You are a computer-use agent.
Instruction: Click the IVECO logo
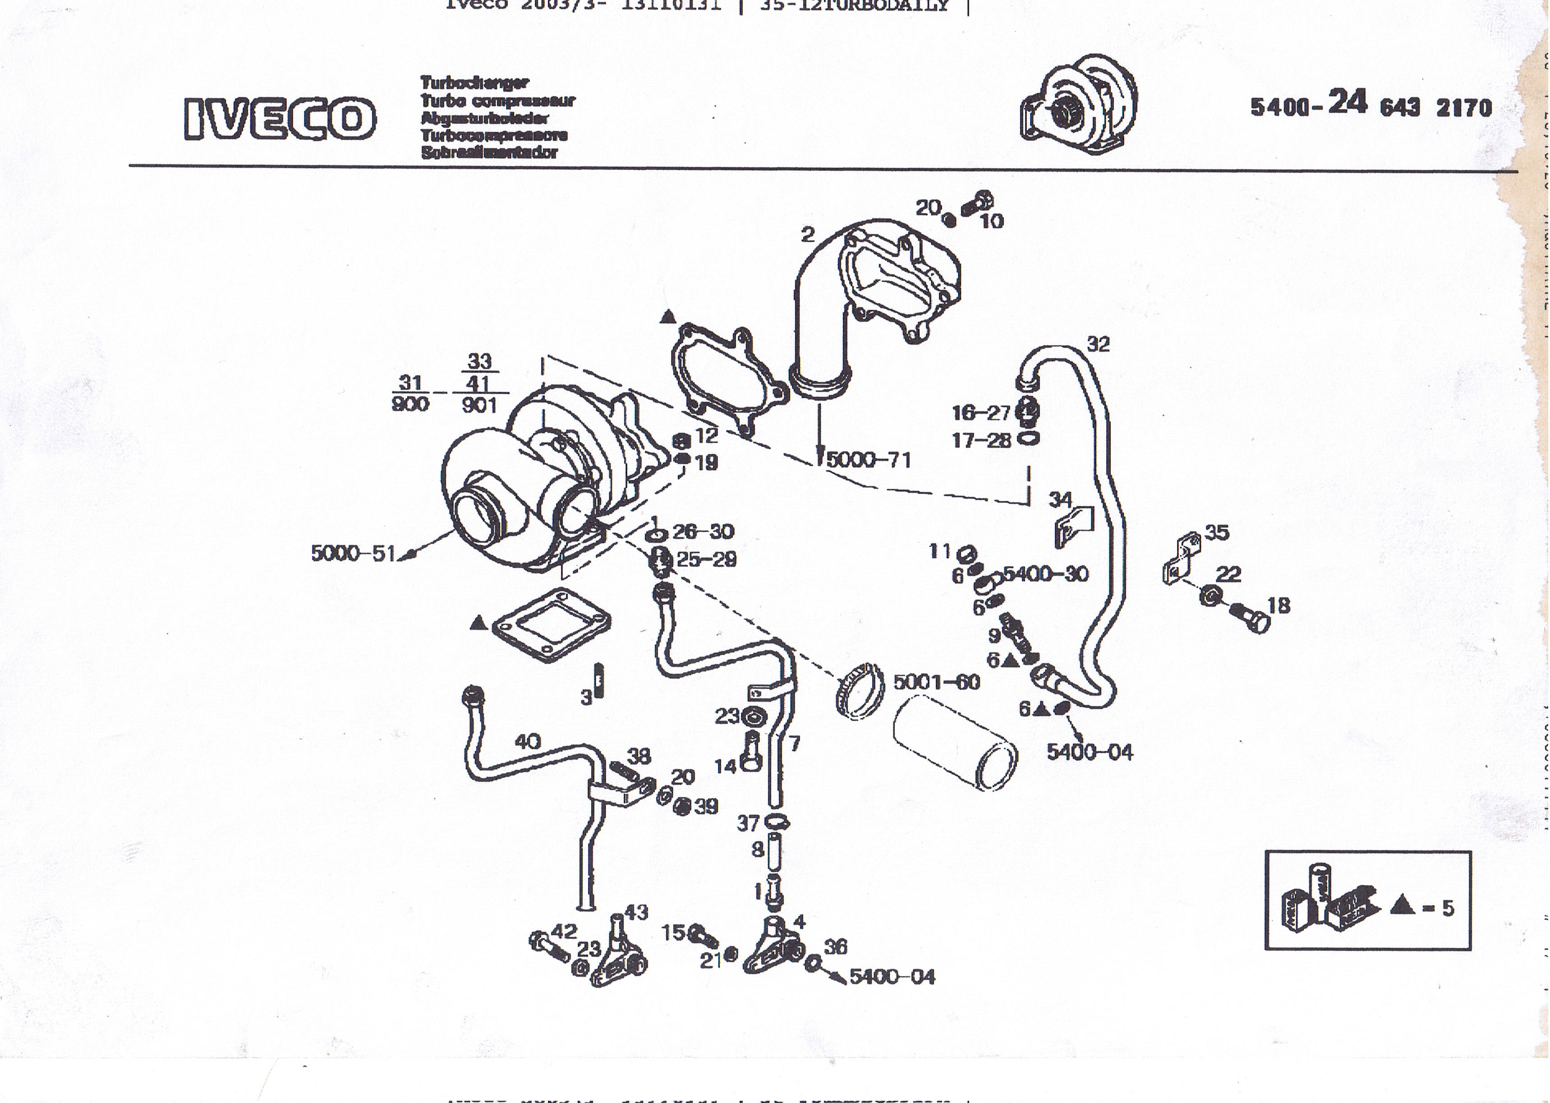click(x=279, y=118)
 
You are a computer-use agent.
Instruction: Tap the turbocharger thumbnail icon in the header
click(x=1079, y=105)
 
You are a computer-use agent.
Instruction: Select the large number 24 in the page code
click(x=1347, y=102)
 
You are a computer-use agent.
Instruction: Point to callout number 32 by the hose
click(x=1098, y=344)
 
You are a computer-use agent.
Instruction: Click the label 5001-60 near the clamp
click(x=936, y=682)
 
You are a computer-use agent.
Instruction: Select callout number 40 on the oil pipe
click(x=528, y=741)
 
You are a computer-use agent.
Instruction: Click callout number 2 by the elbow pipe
click(x=807, y=234)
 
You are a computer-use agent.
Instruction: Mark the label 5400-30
click(x=1045, y=574)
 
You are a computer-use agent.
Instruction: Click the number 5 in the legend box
click(x=1448, y=908)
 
